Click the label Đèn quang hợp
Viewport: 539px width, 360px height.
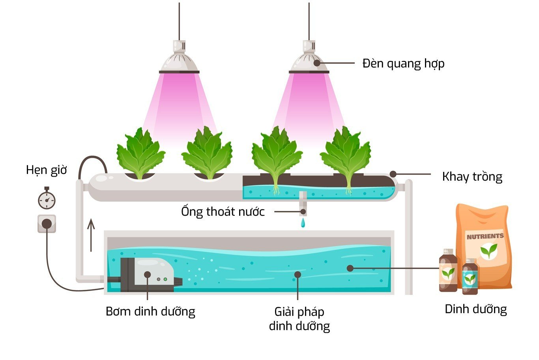403,63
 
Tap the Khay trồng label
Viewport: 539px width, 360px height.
472,176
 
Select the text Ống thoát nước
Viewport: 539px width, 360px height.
223,212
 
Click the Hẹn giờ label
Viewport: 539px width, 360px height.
46,170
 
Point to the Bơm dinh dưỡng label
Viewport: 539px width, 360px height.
150,312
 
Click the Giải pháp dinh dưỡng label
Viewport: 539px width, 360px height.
299,319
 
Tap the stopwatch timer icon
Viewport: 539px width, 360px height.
47,200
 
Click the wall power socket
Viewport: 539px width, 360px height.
47,224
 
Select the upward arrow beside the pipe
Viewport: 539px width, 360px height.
91,235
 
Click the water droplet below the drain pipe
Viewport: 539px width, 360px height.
303,223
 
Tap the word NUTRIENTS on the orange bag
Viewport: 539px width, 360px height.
485,237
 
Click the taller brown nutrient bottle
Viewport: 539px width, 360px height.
448,271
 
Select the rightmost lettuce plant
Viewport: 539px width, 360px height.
346,154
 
